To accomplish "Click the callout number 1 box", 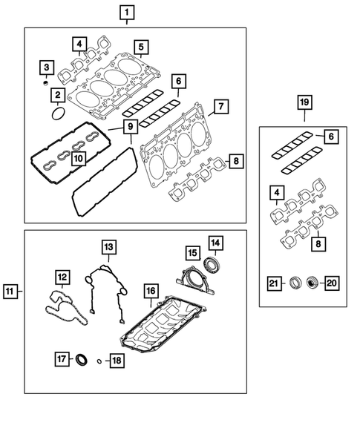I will pyautogui.click(x=127, y=12).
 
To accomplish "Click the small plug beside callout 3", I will pyautogui.click(x=46, y=84).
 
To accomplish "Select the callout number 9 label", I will pyautogui.click(x=130, y=127).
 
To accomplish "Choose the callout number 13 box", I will pyautogui.click(x=108, y=246).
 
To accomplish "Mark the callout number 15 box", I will pyautogui.click(x=191, y=252).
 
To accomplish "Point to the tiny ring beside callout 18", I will pyautogui.click(x=98, y=361).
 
